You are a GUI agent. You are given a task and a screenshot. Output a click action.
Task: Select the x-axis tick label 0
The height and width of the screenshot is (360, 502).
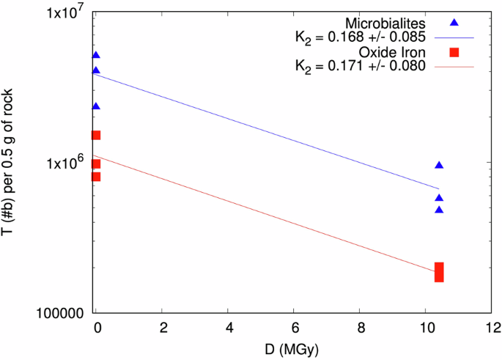point(96,326)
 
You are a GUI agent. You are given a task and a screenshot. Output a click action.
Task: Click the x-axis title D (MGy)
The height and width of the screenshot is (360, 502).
point(294,347)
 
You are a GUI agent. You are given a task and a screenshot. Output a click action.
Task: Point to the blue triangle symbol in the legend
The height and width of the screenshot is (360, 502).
point(454,23)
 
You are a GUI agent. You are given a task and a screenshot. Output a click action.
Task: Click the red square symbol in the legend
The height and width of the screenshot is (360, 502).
point(454,52)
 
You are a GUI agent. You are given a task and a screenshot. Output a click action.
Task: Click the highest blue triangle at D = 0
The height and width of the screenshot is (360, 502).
point(96,55)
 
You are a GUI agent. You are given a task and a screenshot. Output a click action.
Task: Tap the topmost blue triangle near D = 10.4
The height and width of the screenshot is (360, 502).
point(439,166)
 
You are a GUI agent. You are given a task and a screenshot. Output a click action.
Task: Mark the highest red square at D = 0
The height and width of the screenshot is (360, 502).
point(96,135)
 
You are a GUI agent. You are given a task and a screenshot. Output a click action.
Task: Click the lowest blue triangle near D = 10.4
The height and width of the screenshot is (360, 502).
point(439,210)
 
